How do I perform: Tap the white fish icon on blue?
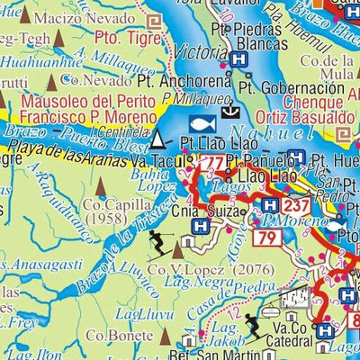(203, 122)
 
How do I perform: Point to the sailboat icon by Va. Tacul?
(159, 139)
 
